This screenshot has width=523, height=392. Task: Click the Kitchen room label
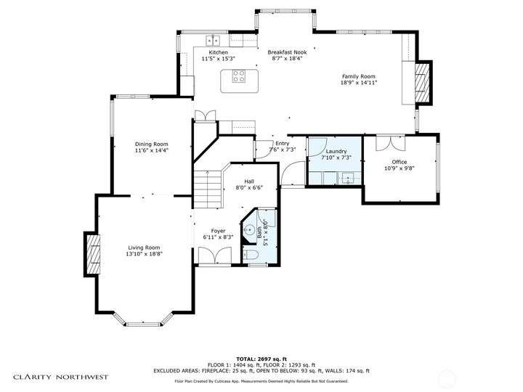pyautogui.click(x=219, y=52)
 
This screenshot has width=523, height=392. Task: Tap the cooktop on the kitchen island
pyautogui.click(x=239, y=76)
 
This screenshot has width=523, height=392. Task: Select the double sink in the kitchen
pyautogui.click(x=213, y=41)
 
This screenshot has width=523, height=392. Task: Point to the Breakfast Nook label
pyautogui.click(x=287, y=52)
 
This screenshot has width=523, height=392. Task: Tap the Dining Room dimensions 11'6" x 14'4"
pyautogui.click(x=151, y=150)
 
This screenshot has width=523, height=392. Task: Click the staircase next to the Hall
pyautogui.click(x=208, y=189)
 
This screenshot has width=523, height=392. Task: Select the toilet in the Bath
pyautogui.click(x=251, y=255)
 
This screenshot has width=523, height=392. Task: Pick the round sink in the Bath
pyautogui.click(x=248, y=229)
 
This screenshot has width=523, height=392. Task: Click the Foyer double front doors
pyautogui.click(x=215, y=256)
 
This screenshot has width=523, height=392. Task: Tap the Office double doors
pyautogui.click(x=390, y=143)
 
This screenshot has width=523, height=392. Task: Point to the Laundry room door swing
pyautogui.click(x=318, y=147)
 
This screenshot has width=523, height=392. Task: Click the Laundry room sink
pyautogui.click(x=349, y=179)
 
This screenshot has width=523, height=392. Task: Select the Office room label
pyautogui.click(x=400, y=162)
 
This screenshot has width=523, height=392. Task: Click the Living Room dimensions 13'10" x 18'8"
pyautogui.click(x=144, y=254)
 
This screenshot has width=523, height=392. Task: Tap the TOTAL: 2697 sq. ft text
pyautogui.click(x=261, y=359)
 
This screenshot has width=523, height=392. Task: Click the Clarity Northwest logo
pyautogui.click(x=61, y=377)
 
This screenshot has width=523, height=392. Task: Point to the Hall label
pyautogui.click(x=249, y=181)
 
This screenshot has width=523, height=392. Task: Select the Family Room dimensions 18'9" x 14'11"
pyautogui.click(x=359, y=82)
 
